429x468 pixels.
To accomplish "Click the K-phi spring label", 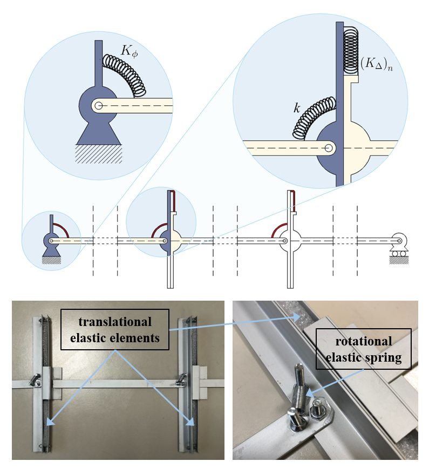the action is click(129, 51).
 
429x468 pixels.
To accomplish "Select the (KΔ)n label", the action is click(377, 64).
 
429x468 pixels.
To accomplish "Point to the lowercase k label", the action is click(297, 108).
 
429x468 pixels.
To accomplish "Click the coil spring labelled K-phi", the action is click(125, 74).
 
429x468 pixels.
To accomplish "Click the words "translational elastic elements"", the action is click(115, 330).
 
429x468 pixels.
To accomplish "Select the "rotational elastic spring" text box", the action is click(363, 349).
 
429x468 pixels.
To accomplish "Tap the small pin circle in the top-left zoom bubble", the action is click(98, 105).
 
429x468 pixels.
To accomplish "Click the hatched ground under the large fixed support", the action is click(99, 154).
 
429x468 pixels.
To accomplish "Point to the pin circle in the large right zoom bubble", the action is click(329, 148).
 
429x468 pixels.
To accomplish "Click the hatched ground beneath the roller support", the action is click(399, 261).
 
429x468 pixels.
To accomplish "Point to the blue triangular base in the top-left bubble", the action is click(99, 132).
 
